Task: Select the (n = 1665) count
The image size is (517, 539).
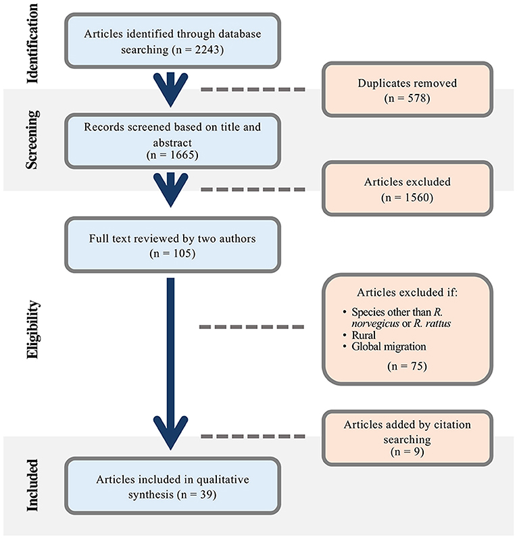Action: click(x=170, y=155)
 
